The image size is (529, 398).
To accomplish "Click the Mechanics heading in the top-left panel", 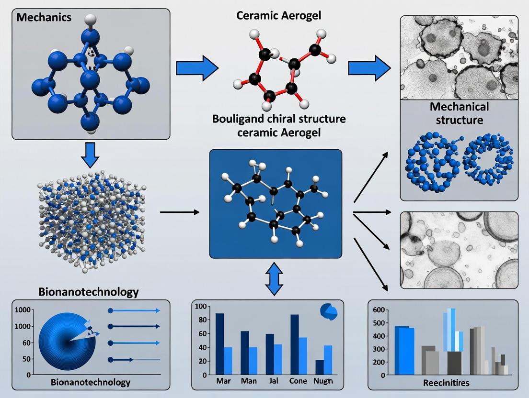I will click(44, 18).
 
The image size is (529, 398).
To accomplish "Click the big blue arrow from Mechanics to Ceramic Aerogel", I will click(197, 68).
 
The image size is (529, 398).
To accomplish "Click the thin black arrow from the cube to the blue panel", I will click(179, 211).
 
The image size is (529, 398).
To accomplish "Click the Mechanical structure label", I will click(459, 113).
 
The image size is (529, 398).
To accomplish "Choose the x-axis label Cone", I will click(299, 381).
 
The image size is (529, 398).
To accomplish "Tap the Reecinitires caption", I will click(443, 383).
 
